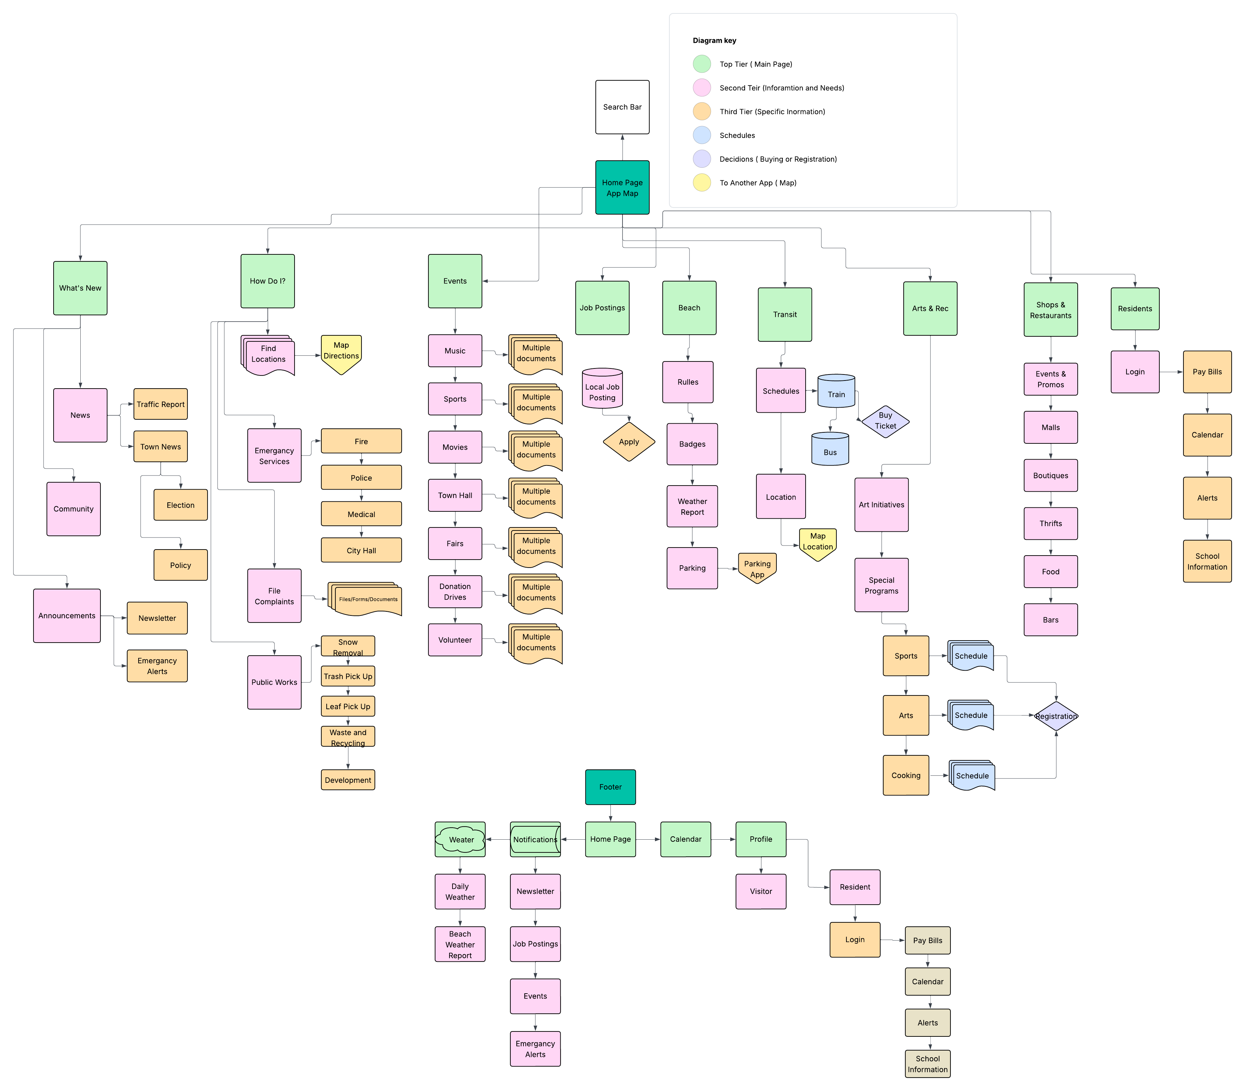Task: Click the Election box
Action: (x=180, y=505)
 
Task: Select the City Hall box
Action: (x=361, y=551)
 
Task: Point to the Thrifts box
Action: (x=1050, y=524)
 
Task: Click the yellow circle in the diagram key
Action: (x=701, y=183)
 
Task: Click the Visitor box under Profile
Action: (x=760, y=891)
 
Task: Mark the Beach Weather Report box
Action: (x=460, y=944)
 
